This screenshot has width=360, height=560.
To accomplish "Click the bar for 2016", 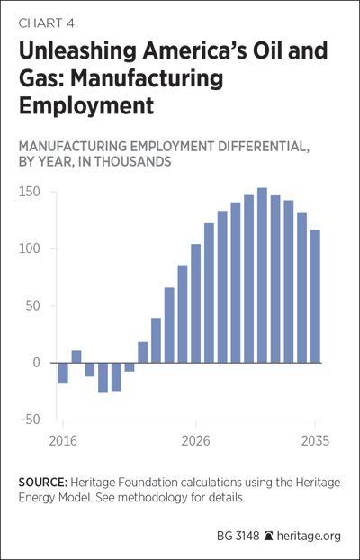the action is point(63,373).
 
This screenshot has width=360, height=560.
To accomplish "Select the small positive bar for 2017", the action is point(76,357).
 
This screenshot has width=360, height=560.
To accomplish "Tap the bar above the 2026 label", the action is point(195,303).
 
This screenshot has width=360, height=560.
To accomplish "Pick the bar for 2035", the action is point(315,296).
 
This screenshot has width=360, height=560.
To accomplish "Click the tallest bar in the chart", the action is point(262,275).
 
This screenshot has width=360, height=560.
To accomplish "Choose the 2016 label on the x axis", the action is point(63,441).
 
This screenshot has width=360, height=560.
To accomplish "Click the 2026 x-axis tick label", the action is point(195,441).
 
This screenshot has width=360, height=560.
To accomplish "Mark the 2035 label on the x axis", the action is point(315,441).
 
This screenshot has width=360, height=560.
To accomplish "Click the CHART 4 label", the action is point(47,23).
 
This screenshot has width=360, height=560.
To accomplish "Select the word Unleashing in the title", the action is point(77,52).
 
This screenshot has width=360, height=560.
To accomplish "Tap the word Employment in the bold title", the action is point(86,105).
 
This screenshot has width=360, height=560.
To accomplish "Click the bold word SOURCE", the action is point(43,483).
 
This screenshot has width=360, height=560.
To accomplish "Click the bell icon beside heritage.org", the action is point(268,536).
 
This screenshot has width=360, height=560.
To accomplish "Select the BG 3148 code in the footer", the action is point(238,536).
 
